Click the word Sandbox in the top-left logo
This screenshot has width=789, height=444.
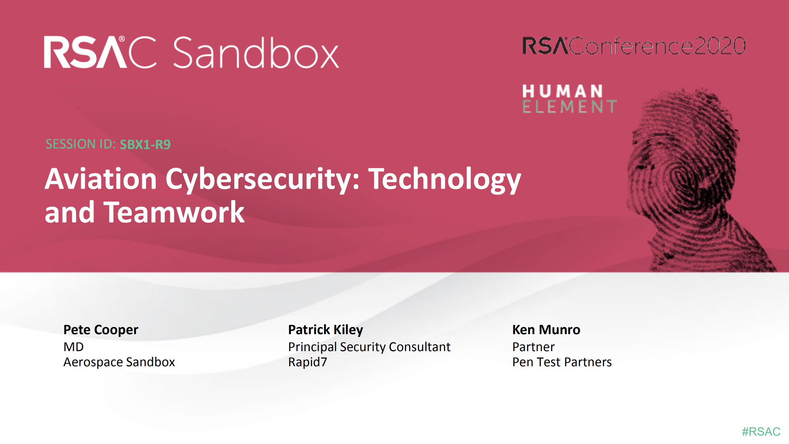click(256, 52)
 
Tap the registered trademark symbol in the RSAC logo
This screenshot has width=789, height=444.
click(122, 39)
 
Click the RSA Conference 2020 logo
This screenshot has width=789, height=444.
click(634, 46)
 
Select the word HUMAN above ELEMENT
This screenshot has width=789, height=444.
click(562, 91)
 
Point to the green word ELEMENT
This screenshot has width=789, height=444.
click(569, 106)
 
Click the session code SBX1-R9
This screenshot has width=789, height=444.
click(145, 144)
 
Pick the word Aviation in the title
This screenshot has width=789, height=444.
click(101, 179)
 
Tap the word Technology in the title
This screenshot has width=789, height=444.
click(444, 179)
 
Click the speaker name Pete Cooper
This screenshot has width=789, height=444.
click(101, 330)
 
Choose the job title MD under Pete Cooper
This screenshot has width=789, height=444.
click(73, 347)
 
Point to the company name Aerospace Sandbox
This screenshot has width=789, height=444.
click(119, 362)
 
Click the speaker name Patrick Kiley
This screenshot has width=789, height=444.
click(325, 330)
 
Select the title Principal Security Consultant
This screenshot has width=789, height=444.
click(369, 347)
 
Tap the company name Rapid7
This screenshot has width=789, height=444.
click(307, 362)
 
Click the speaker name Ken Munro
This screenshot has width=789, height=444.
click(546, 330)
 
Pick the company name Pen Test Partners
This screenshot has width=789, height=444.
click(562, 362)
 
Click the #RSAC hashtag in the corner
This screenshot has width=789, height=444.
click(761, 431)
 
